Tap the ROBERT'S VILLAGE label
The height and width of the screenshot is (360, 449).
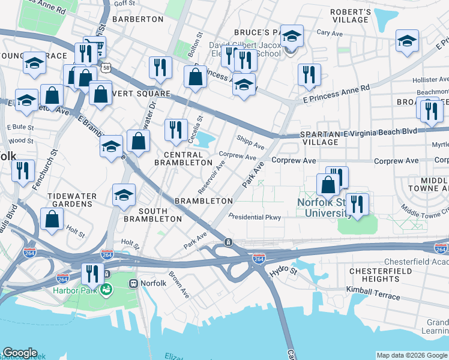(x=351, y=16)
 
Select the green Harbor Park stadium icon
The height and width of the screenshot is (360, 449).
(x=106, y=290)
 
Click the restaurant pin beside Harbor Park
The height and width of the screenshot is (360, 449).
(x=91, y=273)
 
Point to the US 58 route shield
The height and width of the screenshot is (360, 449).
(x=106, y=67)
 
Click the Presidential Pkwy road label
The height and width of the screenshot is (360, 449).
(x=255, y=217)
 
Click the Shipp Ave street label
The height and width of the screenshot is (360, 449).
(x=250, y=145)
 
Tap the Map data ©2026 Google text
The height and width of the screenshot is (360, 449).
(x=412, y=355)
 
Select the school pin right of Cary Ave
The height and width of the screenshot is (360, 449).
(x=407, y=41)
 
